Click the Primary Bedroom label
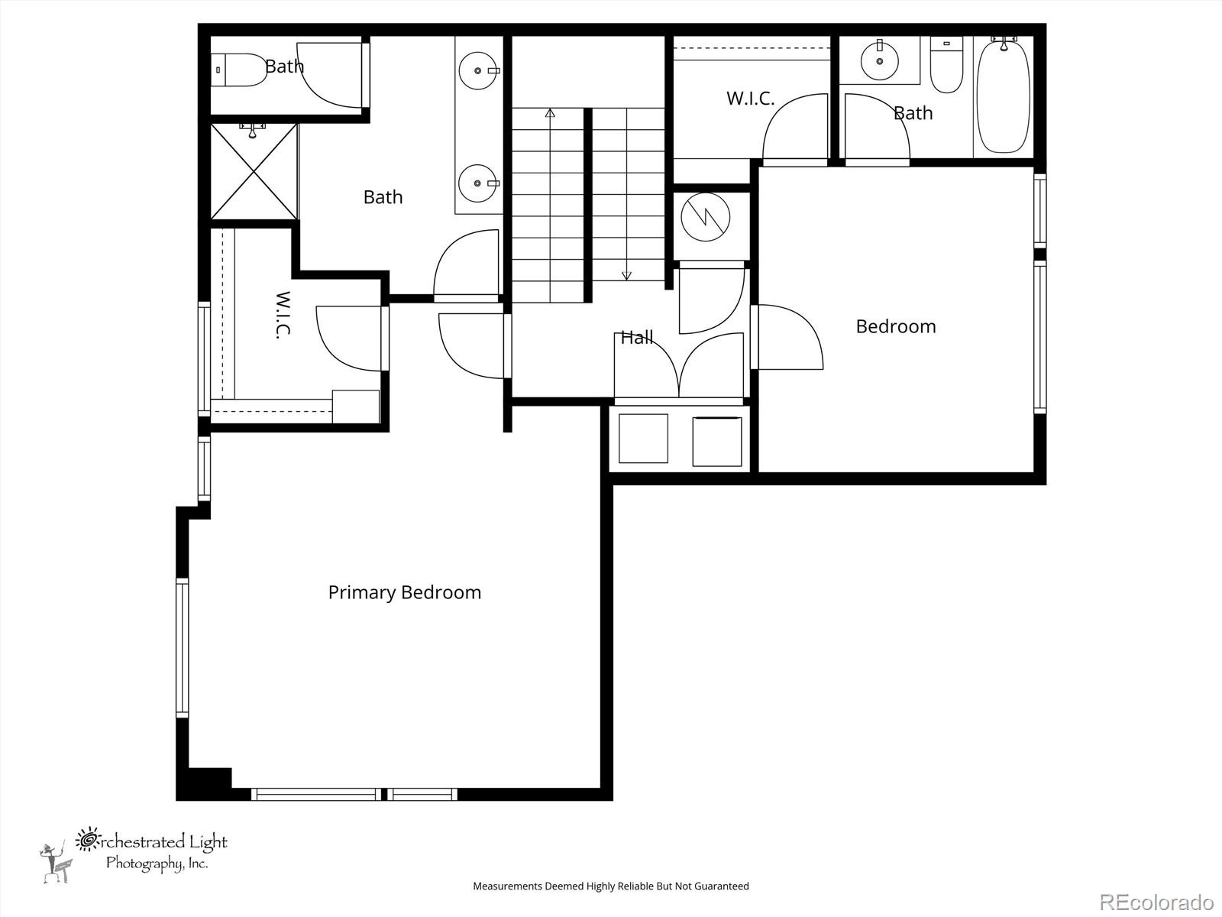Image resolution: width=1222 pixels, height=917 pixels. point(404,592)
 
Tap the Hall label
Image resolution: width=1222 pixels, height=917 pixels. point(636,337)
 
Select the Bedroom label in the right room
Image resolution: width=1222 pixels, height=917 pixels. point(895,326)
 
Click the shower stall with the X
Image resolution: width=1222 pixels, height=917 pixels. point(254,172)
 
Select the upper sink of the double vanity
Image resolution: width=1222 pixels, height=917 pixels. point(479,70)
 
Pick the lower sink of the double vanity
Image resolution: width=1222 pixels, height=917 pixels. point(479,183)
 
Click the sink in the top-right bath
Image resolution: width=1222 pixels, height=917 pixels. point(879,60)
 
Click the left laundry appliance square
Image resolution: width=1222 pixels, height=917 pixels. point(643,439)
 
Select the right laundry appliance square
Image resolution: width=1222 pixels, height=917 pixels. point(716,441)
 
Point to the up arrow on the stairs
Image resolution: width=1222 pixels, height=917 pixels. point(550,113)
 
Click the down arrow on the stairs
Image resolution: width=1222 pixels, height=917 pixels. point(627,275)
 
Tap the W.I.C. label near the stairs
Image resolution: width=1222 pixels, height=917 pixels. point(750,99)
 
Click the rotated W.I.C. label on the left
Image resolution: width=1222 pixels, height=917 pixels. point(283,315)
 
